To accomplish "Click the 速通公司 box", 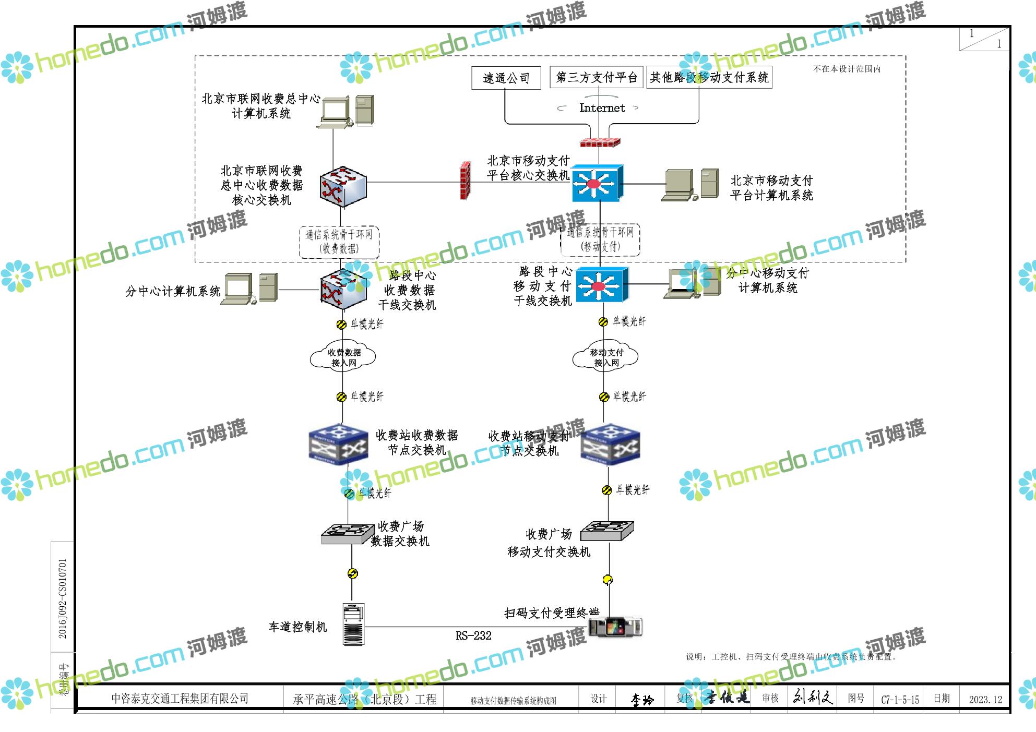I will click(506, 78).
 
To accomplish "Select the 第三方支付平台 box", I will click(596, 78).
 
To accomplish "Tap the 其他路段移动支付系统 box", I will click(709, 78).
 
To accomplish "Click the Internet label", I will click(602, 108).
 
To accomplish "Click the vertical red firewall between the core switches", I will click(465, 181).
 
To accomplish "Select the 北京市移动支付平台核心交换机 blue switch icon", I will click(597, 183).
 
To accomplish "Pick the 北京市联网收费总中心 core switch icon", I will click(343, 187).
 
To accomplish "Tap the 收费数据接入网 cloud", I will click(343, 357).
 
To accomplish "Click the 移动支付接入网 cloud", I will click(606, 357).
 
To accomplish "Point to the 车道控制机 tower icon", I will click(353, 625).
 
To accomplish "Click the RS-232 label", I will click(473, 635).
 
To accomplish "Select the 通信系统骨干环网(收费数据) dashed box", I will click(339, 242).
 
